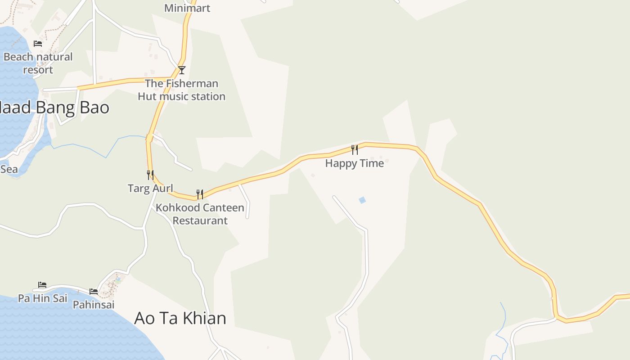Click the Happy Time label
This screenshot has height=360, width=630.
point(355,163)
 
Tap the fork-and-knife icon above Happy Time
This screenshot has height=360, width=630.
point(355,149)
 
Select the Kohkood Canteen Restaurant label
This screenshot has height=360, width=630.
point(200,214)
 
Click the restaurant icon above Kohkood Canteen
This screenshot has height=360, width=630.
point(200,194)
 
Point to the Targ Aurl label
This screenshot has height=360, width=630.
point(150,188)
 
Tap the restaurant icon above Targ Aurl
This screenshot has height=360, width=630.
point(150,175)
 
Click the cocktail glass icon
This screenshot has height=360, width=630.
point(182,70)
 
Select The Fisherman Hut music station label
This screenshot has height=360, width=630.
point(181,90)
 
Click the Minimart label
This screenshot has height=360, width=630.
point(187,8)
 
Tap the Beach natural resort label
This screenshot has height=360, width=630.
point(38,63)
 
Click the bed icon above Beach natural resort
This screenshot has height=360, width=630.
point(38,44)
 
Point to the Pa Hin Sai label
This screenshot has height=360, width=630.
point(42,298)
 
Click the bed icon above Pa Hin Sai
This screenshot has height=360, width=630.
point(42,285)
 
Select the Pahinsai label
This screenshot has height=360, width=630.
point(94,305)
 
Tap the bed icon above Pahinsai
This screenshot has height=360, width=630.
point(94,292)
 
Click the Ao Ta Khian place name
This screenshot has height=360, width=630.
point(180,318)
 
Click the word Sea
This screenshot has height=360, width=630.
point(9,169)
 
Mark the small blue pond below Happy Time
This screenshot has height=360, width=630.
point(362,200)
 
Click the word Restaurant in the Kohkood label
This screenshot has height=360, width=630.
point(200,220)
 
